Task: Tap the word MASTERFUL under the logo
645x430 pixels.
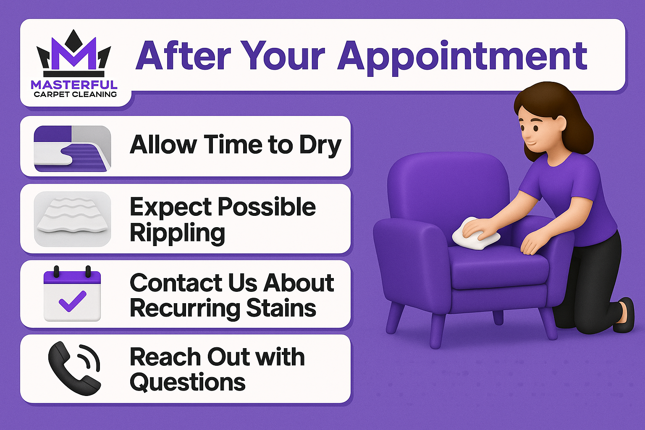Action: click(74, 85)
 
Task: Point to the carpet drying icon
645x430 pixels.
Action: click(72, 149)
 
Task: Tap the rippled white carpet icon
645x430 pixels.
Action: click(72, 219)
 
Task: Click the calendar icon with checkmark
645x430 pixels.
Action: click(72, 294)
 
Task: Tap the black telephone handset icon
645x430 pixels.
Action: click(74, 368)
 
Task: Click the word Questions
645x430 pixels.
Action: click(187, 383)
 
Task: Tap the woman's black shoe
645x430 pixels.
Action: click(624, 316)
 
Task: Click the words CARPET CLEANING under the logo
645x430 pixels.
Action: click(75, 94)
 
